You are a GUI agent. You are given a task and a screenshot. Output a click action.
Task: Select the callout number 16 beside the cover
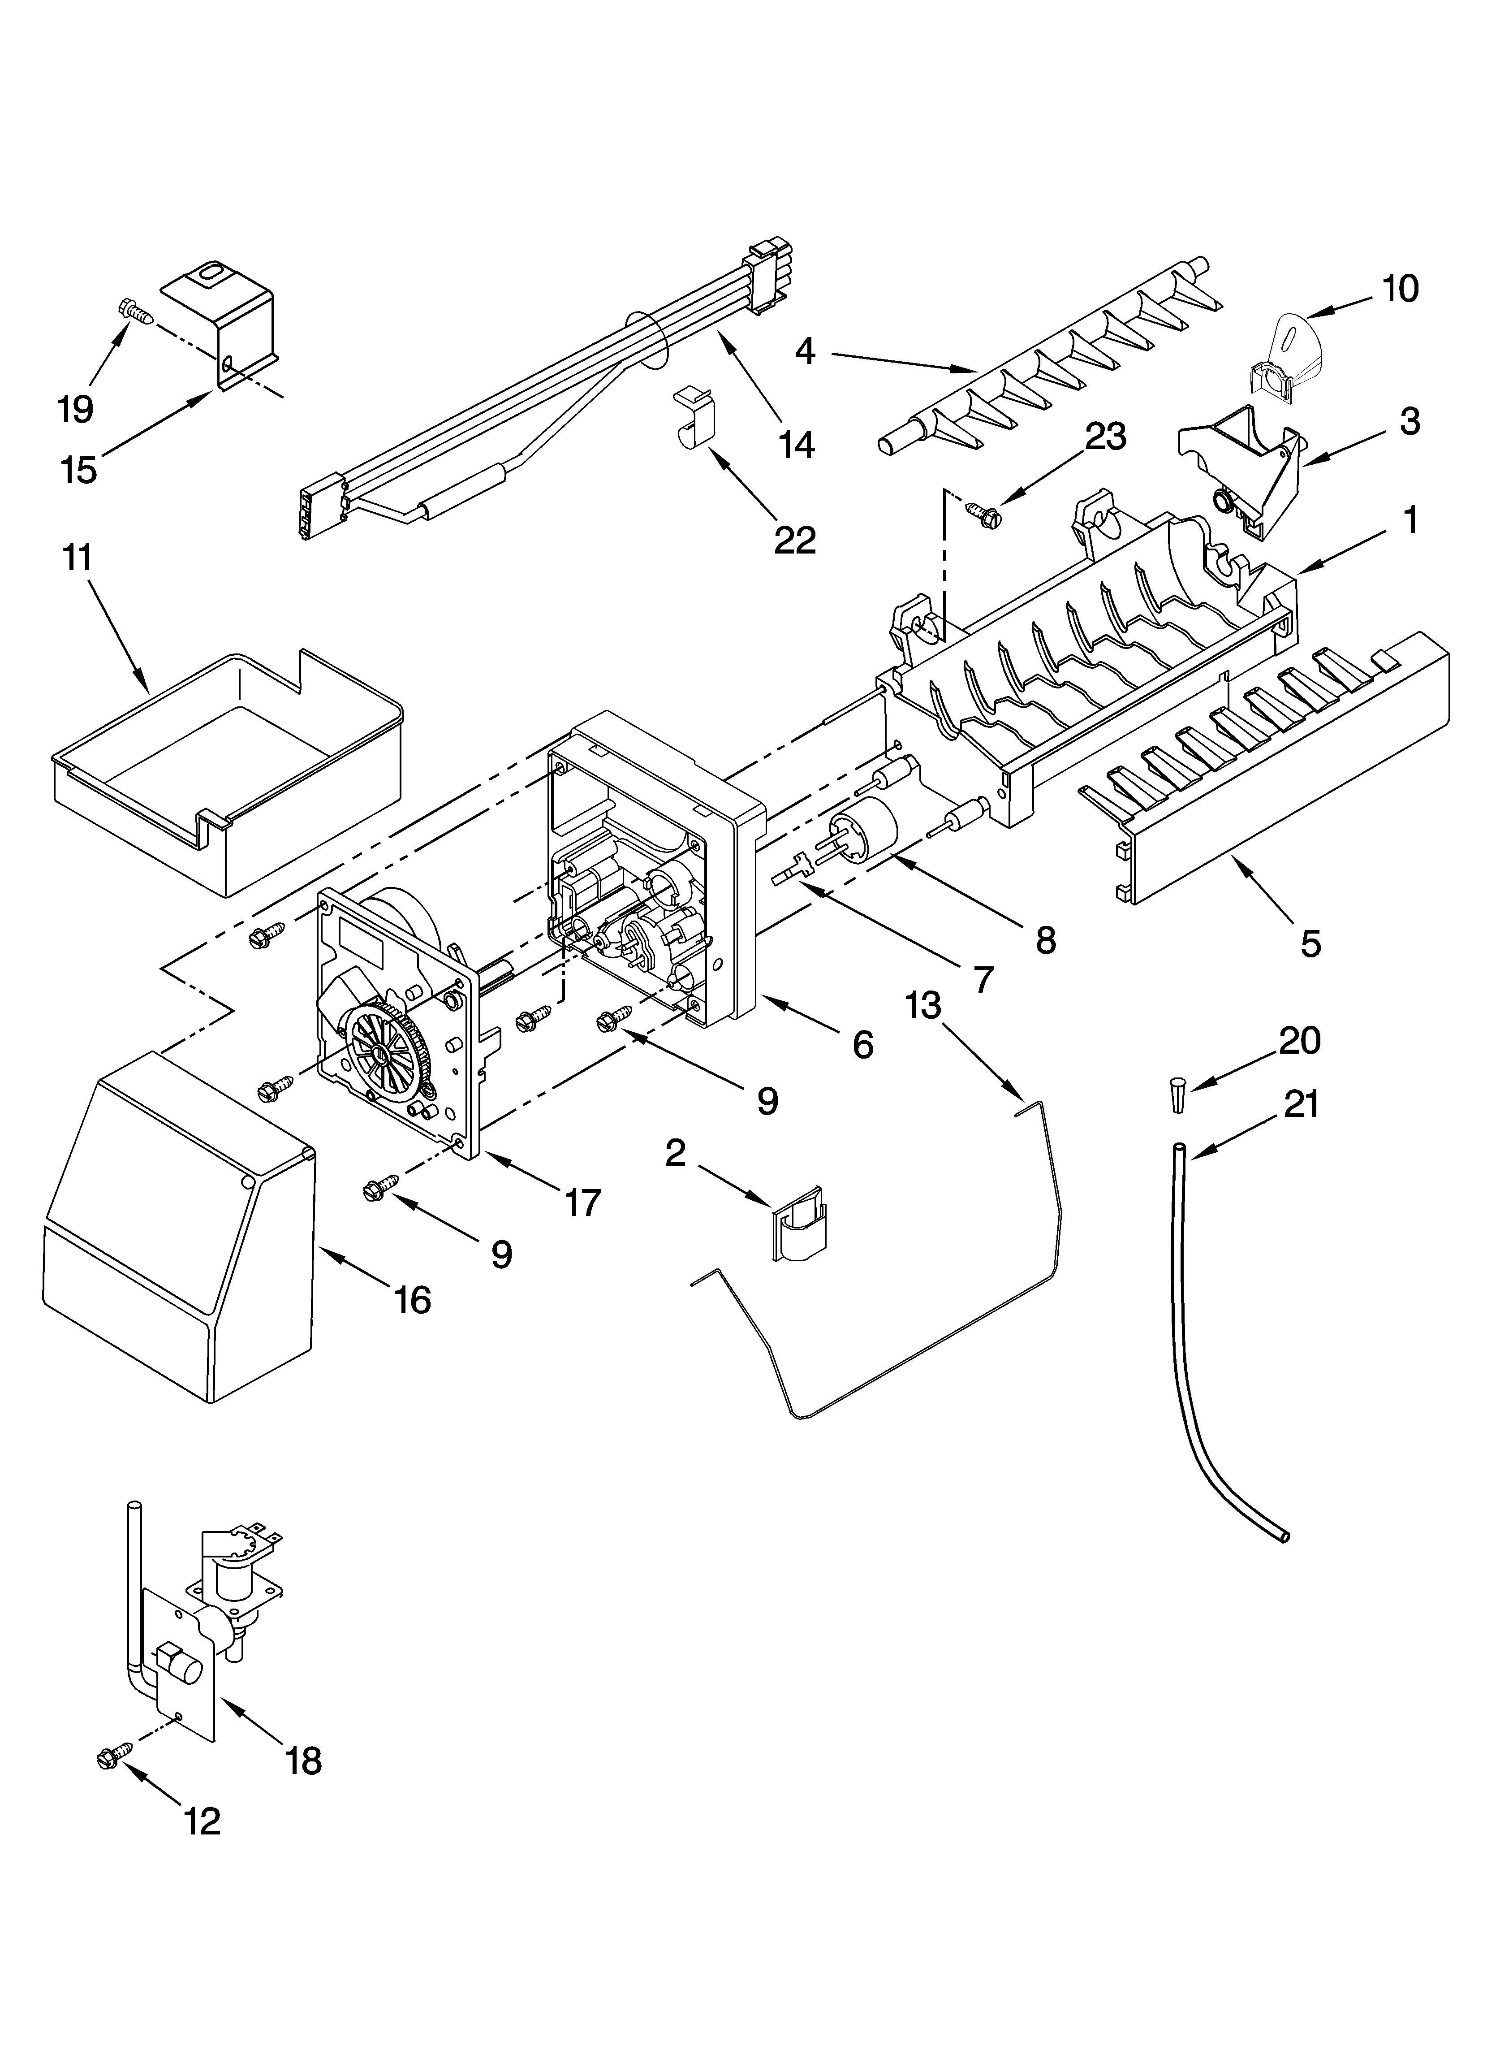413,1298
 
